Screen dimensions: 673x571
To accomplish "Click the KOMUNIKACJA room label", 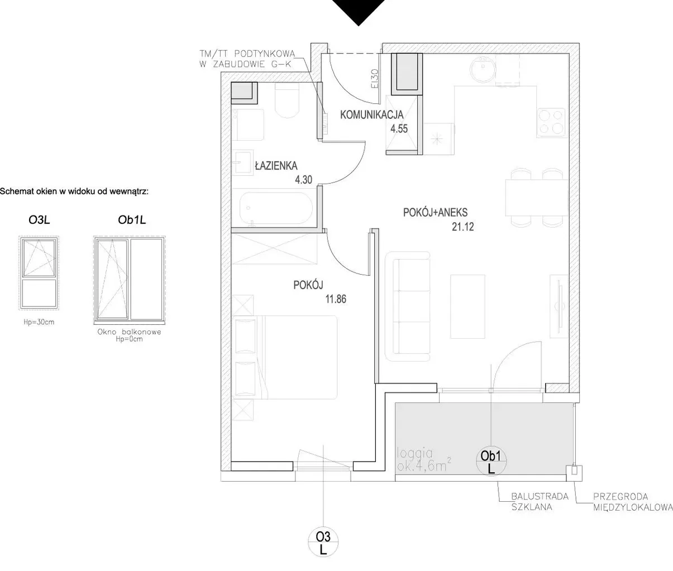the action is tap(372, 114).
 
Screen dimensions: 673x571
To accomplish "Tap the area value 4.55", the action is tap(399, 129).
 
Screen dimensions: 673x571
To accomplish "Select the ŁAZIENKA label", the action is tap(276, 166).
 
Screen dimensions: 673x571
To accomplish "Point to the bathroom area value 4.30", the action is tap(303, 180).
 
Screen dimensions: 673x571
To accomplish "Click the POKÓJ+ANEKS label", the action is tap(435, 213).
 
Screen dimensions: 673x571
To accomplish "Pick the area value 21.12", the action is tap(462, 227).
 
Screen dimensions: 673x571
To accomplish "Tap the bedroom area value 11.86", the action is tap(336, 299).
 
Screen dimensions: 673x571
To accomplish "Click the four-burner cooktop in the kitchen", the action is tap(551, 122).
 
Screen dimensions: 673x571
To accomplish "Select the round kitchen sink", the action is tap(483, 69).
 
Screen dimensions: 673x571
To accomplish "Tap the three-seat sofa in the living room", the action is tap(408, 306).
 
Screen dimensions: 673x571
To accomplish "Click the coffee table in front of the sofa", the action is tap(467, 306).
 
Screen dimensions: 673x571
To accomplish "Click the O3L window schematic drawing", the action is tap(39, 273).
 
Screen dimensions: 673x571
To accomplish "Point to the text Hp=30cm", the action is tap(39, 322).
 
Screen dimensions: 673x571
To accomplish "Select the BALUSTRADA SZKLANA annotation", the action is tap(540, 501).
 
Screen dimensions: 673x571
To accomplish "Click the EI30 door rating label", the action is tap(375, 78).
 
